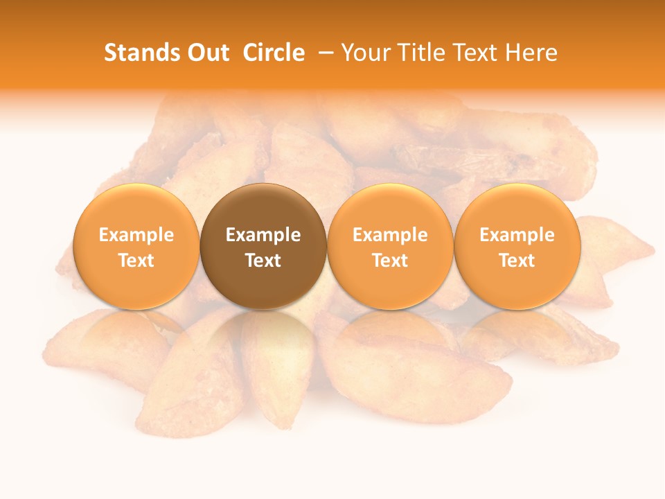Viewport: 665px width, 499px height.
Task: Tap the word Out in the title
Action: tap(207, 53)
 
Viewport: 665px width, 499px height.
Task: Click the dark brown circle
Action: tap(263, 246)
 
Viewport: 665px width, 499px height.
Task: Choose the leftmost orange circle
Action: tap(136, 246)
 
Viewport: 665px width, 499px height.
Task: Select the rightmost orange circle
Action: tap(517, 246)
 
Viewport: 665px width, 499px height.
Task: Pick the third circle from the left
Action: tap(390, 246)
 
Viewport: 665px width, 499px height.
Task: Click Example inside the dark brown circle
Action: tap(263, 235)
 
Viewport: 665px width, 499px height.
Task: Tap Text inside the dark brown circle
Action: tap(263, 261)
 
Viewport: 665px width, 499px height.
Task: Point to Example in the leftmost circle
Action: tap(136, 235)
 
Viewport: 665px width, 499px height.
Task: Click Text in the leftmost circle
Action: tap(136, 261)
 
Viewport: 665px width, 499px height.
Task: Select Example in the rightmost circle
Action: tap(517, 235)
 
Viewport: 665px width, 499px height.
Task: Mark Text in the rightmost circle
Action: tap(517, 261)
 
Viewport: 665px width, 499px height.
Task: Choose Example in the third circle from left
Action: tap(390, 235)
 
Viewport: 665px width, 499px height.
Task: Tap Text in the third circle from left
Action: tap(390, 261)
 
